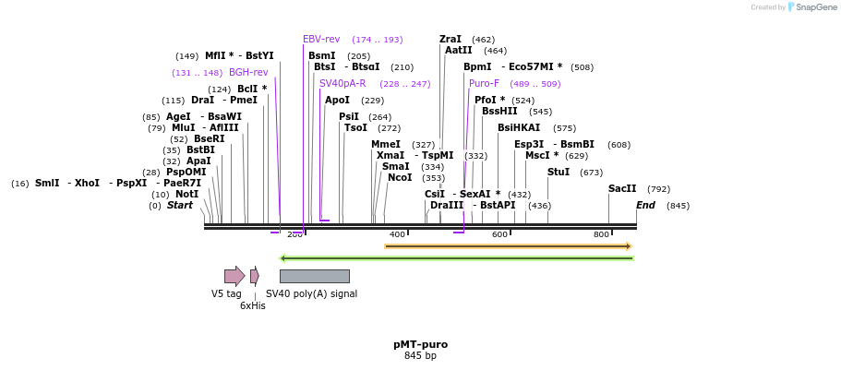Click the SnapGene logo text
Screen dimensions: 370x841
[816, 7]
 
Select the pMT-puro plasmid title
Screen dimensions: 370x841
[420, 344]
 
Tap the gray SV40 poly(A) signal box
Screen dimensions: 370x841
[314, 276]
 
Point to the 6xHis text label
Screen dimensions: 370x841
[252, 305]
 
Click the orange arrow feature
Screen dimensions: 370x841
[508, 246]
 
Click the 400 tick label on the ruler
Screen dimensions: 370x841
[397, 234]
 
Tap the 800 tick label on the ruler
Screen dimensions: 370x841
[601, 234]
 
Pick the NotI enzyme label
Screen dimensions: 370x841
[186, 194]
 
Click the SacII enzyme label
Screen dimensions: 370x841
[621, 188]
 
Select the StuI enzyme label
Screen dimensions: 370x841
[559, 172]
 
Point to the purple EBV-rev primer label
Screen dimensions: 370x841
[321, 39]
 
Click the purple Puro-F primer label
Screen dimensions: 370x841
[484, 83]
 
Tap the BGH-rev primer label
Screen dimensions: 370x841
[248, 72]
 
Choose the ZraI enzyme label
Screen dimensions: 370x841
[451, 39]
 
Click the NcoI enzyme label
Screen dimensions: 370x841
[400, 177]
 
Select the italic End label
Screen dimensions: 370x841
[645, 205]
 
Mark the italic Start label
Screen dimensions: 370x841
[180, 205]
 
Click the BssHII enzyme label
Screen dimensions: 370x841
[499, 111]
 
